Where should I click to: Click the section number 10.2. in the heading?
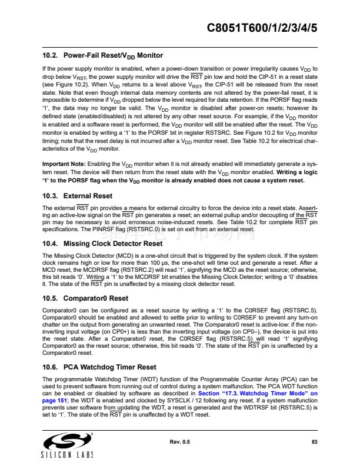(52, 55)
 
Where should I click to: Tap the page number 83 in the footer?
(314, 441)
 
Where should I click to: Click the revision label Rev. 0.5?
(179, 441)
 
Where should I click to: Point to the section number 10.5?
(52, 298)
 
